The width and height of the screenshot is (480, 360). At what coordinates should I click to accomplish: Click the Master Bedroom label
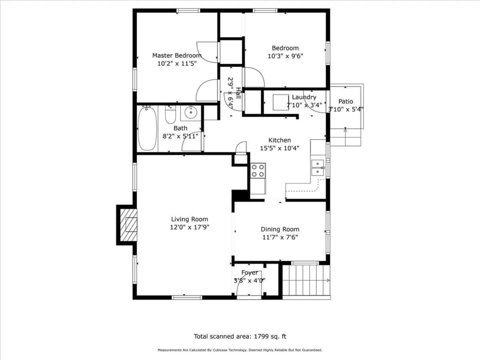click(177, 56)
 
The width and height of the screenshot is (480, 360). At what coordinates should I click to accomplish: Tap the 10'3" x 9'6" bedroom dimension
click(285, 56)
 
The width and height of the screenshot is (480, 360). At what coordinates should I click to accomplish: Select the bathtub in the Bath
click(147, 128)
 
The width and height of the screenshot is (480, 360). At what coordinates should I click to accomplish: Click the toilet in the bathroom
click(170, 114)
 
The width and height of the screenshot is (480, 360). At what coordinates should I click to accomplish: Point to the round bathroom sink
click(191, 112)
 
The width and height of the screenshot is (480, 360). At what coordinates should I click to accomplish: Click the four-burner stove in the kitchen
click(258, 171)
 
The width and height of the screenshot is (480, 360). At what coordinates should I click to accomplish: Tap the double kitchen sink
click(318, 168)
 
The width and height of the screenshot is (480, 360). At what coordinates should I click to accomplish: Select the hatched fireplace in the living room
click(128, 225)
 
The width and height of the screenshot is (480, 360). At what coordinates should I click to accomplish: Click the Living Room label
click(190, 219)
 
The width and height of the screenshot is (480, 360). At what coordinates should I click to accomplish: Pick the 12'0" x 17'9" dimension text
click(190, 227)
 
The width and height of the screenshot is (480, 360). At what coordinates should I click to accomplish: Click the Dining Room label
click(280, 229)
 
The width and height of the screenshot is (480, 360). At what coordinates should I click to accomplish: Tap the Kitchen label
click(280, 140)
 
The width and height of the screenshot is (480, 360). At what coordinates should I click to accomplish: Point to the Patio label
click(346, 102)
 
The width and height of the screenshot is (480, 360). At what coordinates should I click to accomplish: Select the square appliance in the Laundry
click(281, 102)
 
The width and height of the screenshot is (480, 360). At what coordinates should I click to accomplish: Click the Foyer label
click(250, 273)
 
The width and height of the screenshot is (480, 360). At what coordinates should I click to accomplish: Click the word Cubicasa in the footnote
click(221, 350)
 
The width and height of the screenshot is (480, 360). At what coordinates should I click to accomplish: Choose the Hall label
click(238, 93)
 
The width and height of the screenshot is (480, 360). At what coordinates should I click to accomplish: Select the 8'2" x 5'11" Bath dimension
click(180, 136)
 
